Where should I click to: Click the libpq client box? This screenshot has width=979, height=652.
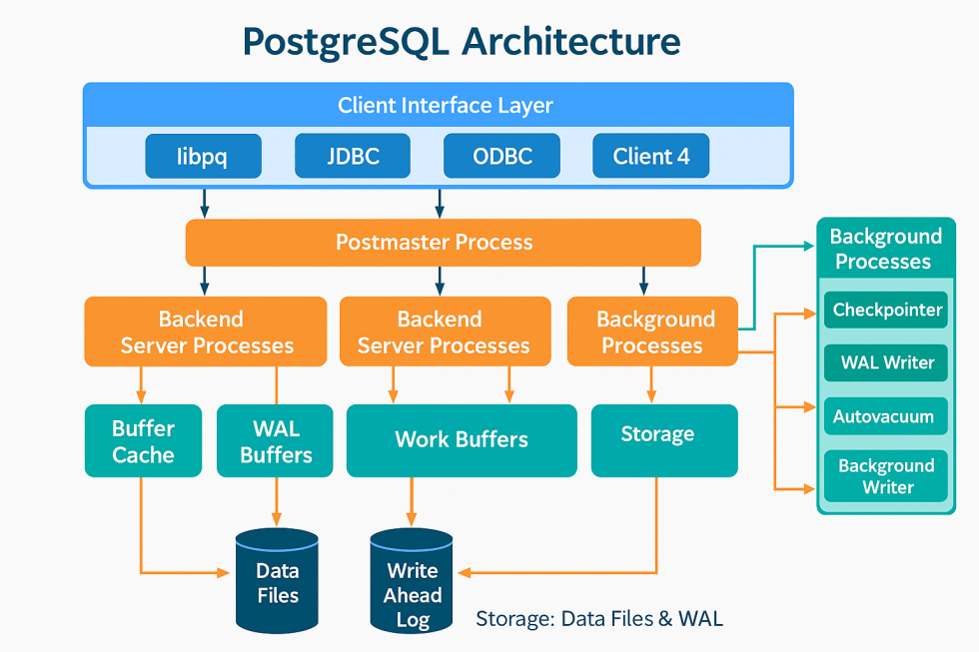[203, 157]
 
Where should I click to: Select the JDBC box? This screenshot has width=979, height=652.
[352, 157]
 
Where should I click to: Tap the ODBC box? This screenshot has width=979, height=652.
[501, 157]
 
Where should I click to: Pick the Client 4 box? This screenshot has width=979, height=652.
[650, 157]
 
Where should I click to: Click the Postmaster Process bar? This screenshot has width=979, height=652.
[443, 243]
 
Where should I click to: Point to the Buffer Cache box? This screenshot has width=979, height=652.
[143, 441]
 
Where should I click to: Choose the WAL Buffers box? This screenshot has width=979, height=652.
[276, 441]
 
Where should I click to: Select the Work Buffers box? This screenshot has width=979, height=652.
[461, 440]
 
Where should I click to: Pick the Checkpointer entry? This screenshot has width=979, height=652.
[887, 311]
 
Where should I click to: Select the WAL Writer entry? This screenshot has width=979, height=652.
[887, 363]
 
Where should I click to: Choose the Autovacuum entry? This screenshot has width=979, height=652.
[887, 416]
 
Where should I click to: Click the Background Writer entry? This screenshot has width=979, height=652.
[887, 476]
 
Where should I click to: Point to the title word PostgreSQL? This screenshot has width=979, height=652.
[345, 42]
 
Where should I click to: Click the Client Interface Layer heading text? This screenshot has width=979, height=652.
[445, 106]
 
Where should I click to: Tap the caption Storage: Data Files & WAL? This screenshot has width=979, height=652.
[598, 619]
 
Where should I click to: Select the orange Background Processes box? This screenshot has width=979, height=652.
[652, 331]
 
